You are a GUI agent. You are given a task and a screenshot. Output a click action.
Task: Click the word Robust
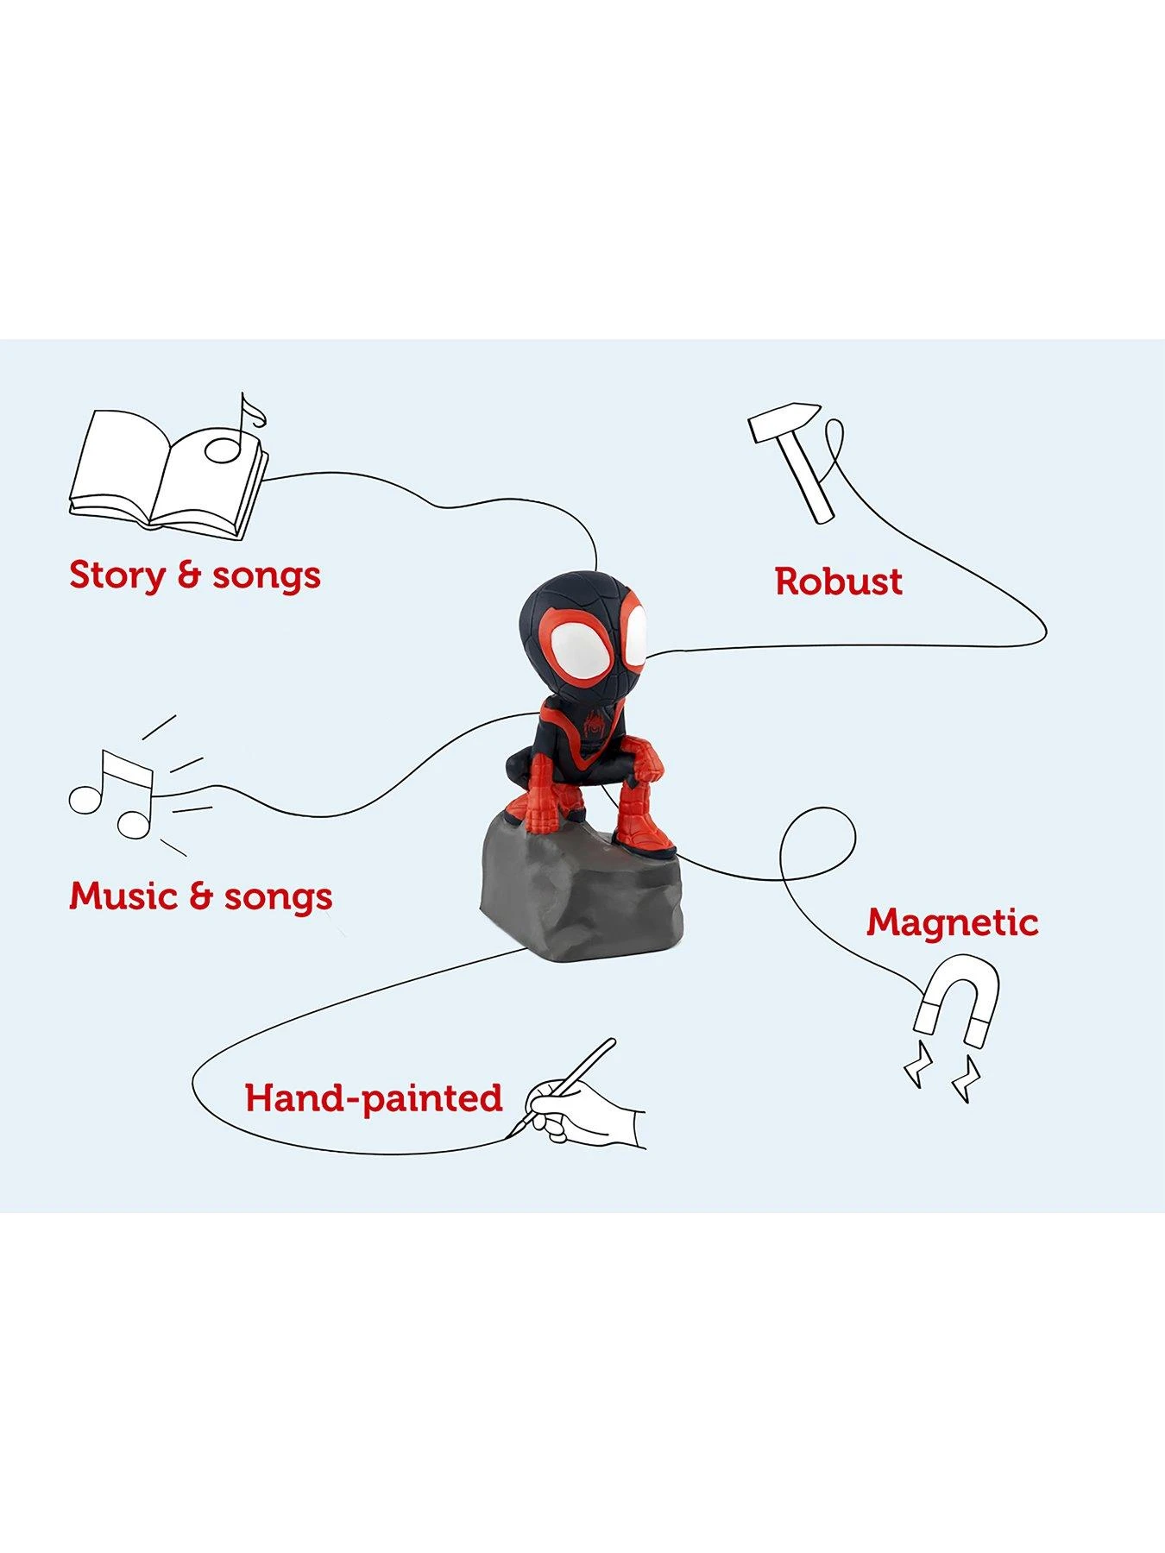coord(838,582)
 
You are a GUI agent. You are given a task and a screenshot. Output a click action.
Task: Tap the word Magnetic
coord(952,923)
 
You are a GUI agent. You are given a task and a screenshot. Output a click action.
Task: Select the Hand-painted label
coord(374,1098)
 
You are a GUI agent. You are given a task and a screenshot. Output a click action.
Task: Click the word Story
coord(117,575)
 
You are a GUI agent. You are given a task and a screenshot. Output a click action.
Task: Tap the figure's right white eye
coord(635,636)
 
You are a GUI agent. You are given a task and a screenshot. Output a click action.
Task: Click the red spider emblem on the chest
coord(594,721)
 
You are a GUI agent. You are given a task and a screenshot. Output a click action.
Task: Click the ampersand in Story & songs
coord(189,575)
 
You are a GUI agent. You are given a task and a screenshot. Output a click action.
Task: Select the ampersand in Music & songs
coord(201,896)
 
